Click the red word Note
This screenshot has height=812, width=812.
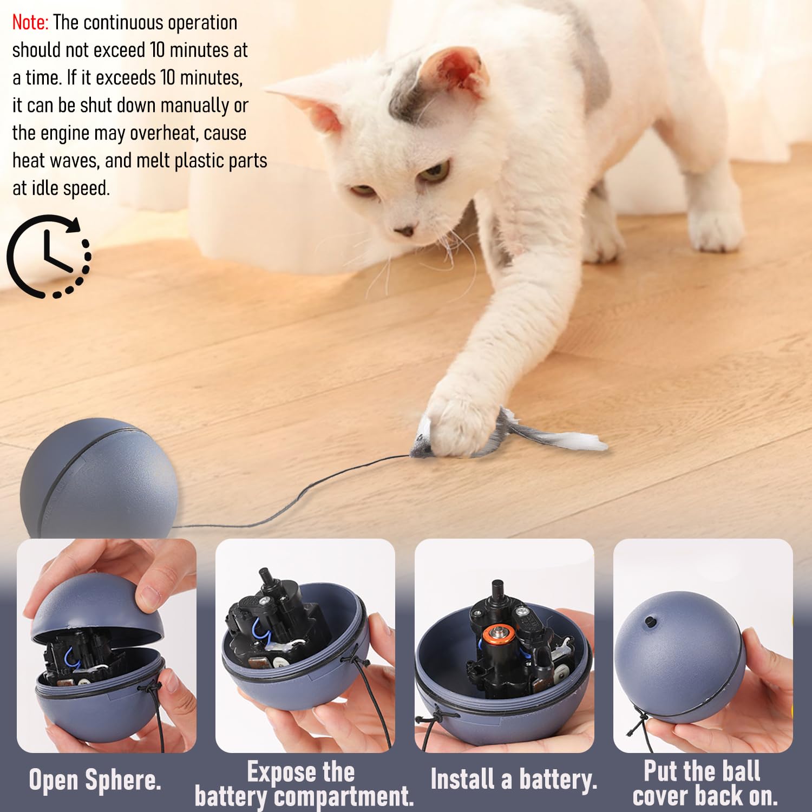pyautogui.click(x=30, y=23)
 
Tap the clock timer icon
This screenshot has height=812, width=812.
pyautogui.click(x=49, y=256)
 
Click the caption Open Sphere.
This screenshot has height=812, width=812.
pyautogui.click(x=95, y=780)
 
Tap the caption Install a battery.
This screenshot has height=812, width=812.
pyautogui.click(x=513, y=780)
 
